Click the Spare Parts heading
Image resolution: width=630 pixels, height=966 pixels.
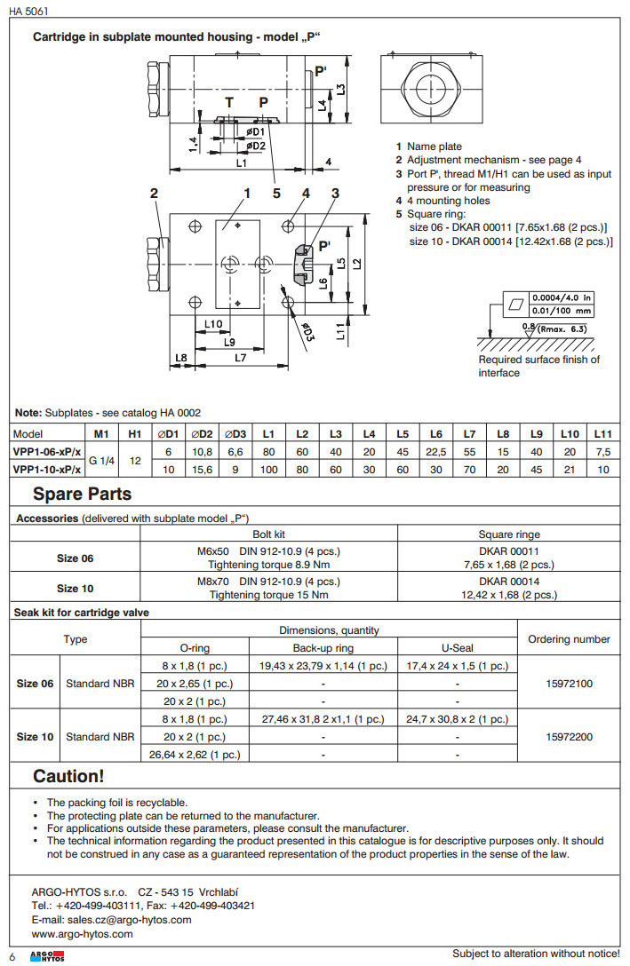pos(82,495)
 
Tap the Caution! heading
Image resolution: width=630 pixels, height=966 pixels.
pos(68,776)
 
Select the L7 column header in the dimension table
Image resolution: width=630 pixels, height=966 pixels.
pos(468,434)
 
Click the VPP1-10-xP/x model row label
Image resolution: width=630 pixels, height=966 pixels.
pos(48,468)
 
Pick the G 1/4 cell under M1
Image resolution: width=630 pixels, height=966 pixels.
pos(100,460)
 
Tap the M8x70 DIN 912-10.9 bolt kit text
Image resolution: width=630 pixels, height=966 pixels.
pos(268,582)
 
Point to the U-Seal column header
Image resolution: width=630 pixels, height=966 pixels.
pos(457,648)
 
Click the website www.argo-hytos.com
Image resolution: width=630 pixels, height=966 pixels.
pos(82,934)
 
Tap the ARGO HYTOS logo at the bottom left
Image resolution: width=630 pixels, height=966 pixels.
pos(41,954)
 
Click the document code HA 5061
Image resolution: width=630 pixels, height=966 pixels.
pos(30,9)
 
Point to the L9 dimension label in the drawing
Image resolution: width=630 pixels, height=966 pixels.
pos(229,341)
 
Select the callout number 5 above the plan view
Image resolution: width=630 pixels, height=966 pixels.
pos(276,193)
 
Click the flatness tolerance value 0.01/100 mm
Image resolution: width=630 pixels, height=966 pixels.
pos(562,311)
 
